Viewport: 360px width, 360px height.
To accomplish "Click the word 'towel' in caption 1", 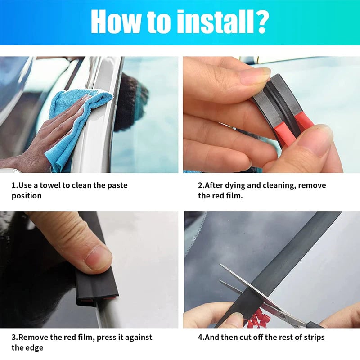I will point(50,185).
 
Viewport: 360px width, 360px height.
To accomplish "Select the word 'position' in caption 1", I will point(27,196).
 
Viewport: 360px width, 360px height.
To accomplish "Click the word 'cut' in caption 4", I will point(242,337).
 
